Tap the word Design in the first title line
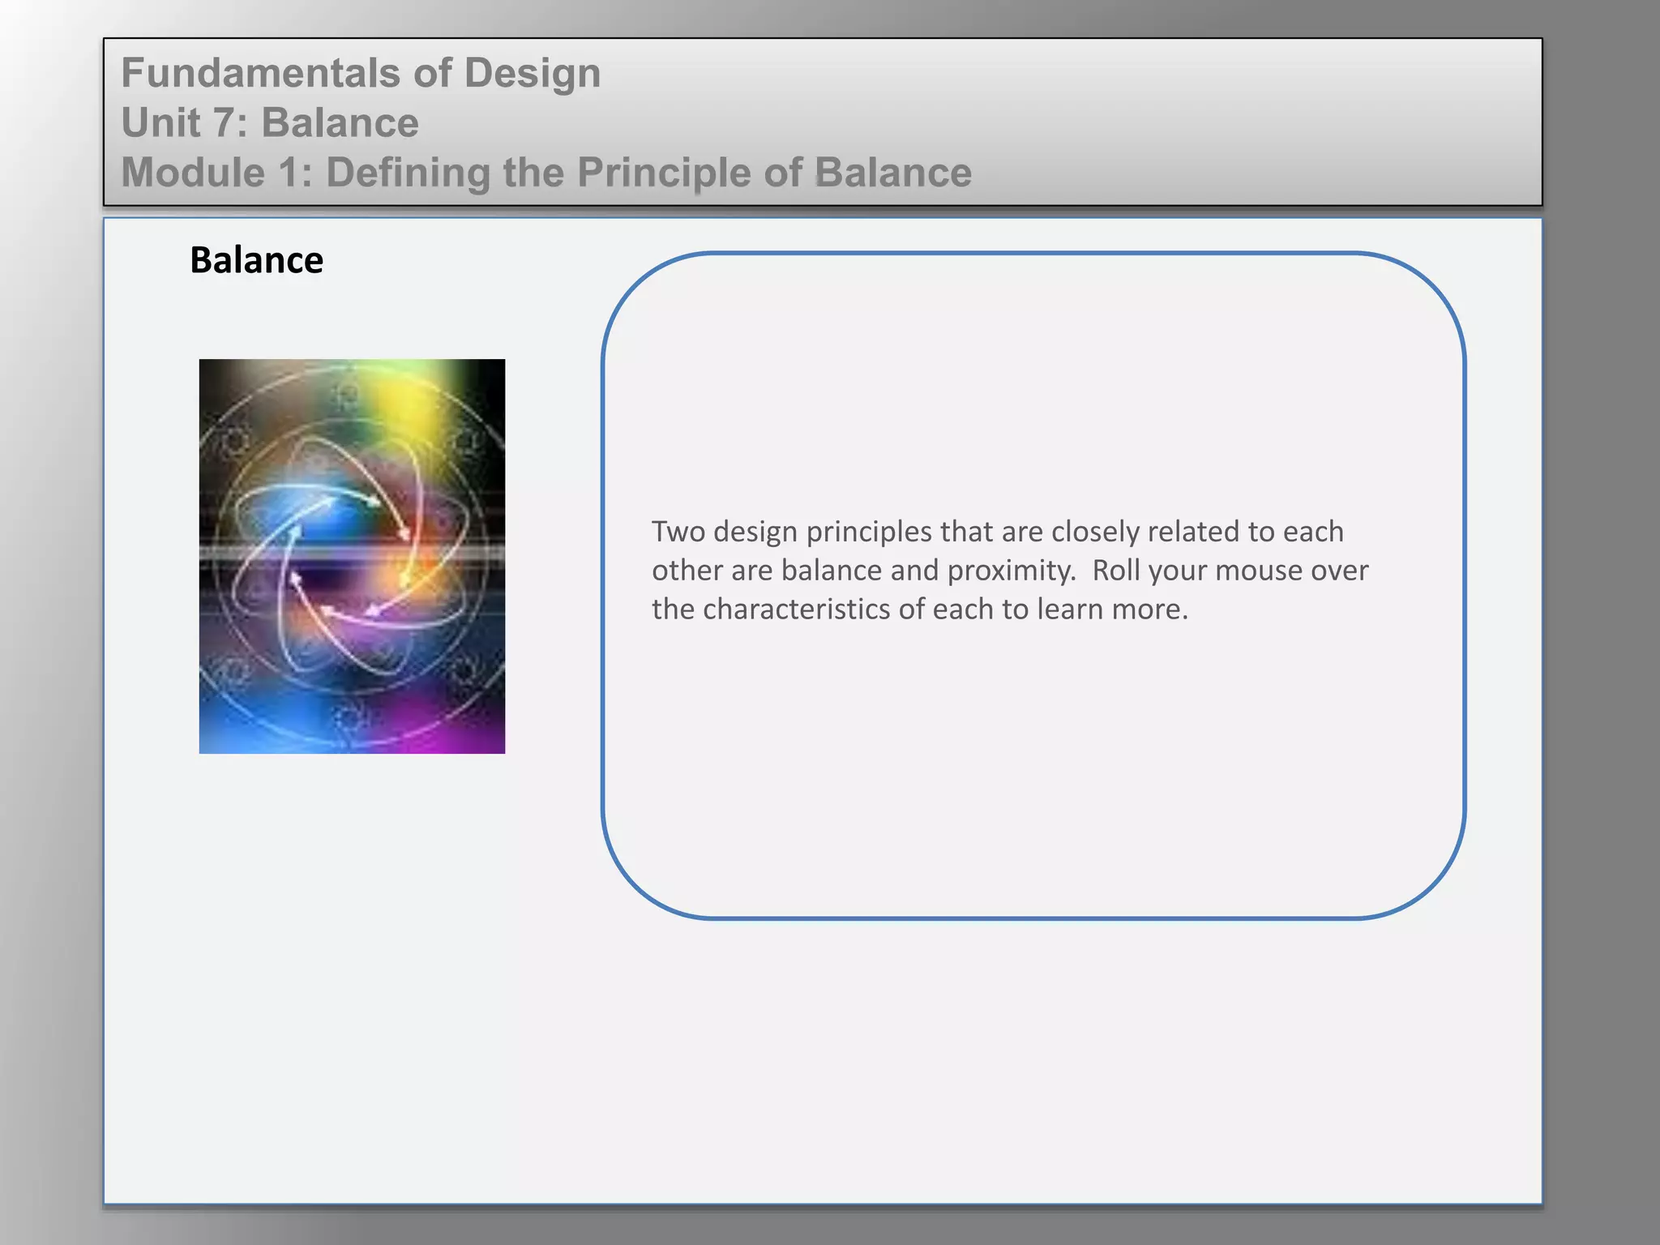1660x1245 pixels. point(532,73)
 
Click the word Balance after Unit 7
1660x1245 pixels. point(340,123)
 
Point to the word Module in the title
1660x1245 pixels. point(193,173)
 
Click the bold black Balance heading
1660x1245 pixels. point(256,260)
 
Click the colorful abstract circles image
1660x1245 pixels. point(352,556)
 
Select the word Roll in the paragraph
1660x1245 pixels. point(1116,571)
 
